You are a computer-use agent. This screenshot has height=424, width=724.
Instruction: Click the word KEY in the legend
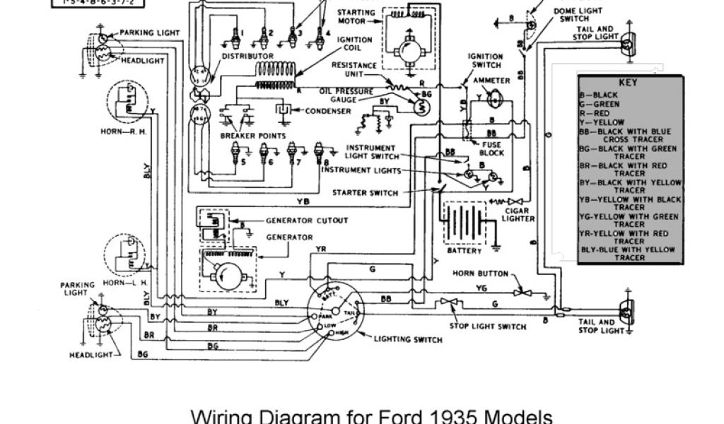628,82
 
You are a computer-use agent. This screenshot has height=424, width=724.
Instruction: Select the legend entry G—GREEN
600,104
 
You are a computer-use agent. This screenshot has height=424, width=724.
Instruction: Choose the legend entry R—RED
596,113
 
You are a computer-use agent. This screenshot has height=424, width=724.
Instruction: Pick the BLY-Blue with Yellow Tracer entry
628,254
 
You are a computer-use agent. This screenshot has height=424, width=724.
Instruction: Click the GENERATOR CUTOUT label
306,220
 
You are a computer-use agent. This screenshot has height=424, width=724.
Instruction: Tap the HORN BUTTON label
478,273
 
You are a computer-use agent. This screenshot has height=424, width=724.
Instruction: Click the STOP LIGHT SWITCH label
489,326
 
